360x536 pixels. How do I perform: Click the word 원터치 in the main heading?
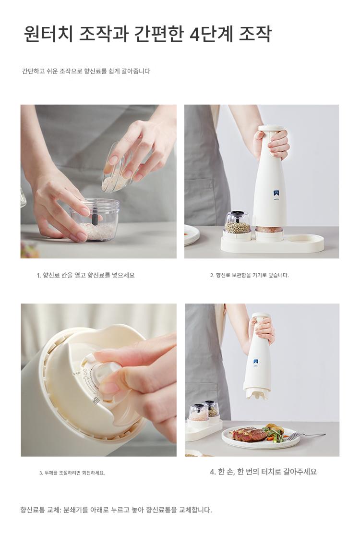[48, 34]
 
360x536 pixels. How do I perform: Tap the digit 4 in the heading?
[194, 34]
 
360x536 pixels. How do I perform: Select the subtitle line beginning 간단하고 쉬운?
[86, 71]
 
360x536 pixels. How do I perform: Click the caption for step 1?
[86, 275]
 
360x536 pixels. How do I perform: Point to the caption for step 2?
[249, 275]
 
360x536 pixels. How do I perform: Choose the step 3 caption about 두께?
[72, 473]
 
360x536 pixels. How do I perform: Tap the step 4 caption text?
[264, 472]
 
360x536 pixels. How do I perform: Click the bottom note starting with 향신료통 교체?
[116, 510]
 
